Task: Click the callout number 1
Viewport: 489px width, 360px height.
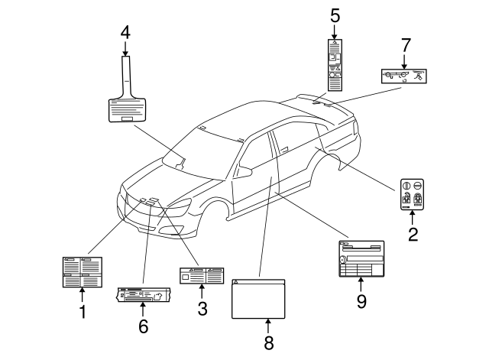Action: point(83,312)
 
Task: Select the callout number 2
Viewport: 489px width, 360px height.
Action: point(413,235)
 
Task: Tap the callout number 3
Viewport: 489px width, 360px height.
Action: point(202,309)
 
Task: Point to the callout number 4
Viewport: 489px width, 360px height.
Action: point(125,33)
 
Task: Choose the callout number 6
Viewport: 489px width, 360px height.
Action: point(143,326)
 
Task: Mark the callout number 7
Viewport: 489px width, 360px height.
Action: point(404,47)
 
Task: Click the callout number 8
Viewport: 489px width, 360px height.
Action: point(268,343)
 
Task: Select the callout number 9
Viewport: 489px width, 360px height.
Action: point(361,301)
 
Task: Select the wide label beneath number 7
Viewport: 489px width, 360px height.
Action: point(403,75)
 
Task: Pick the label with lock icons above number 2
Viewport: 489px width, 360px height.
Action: point(413,195)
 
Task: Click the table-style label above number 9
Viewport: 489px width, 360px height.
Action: point(361,260)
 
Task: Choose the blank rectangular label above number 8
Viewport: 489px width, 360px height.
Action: point(258,297)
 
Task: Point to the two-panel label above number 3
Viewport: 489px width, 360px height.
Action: point(202,275)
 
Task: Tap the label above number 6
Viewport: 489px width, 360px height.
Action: point(143,294)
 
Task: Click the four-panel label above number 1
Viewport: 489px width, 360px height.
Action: point(82,272)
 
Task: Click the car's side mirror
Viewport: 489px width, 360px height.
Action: point(245,171)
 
